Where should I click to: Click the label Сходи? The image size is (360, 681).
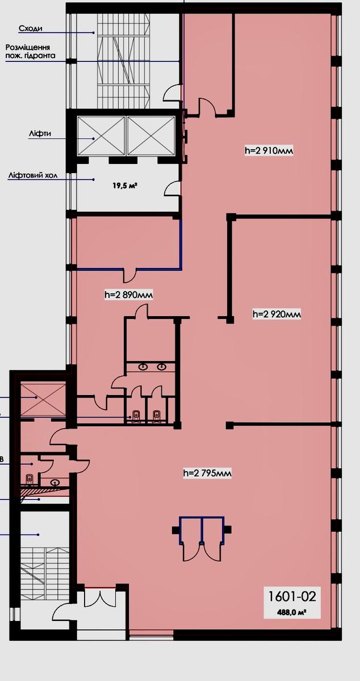pyautogui.click(x=31, y=28)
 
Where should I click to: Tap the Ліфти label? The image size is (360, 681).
pyautogui.click(x=40, y=134)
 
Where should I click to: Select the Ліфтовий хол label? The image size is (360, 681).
pyautogui.click(x=33, y=175)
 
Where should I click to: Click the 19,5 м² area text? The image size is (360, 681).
pyautogui.click(x=124, y=185)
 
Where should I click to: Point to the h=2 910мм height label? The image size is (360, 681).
pyautogui.click(x=269, y=150)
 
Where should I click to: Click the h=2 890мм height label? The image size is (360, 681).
pyautogui.click(x=129, y=295)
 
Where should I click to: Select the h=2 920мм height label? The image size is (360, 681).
pyautogui.click(x=277, y=314)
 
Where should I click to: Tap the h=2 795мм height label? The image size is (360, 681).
pyautogui.click(x=207, y=473)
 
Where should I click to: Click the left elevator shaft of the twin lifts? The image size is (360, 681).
pyautogui.click(x=101, y=136)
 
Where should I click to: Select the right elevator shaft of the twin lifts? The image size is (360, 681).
pyautogui.click(x=151, y=136)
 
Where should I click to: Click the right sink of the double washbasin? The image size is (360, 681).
pyautogui.click(x=162, y=367)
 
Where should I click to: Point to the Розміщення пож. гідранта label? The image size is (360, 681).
pyautogui.click(x=31, y=52)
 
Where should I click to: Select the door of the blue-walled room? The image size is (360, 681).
pyautogui.click(x=130, y=275)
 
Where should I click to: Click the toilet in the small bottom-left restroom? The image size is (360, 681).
pyautogui.click(x=29, y=479)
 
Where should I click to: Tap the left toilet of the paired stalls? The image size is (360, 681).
pyautogui.click(x=136, y=415)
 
